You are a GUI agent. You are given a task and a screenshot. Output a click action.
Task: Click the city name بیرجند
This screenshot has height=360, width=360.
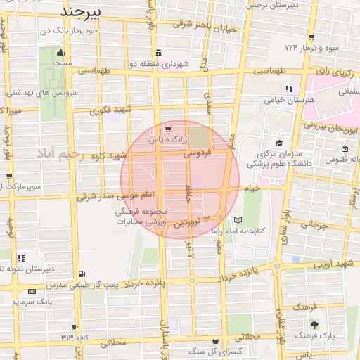82,12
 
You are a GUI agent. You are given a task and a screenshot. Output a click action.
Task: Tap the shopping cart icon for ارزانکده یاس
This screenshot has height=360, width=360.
167,129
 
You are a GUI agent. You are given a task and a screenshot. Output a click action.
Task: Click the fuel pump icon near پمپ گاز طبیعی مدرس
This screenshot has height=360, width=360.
83,274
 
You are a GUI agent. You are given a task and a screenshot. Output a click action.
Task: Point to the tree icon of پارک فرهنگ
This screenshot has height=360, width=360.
314,326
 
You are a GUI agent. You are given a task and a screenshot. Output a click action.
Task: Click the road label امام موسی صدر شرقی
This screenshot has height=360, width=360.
104,195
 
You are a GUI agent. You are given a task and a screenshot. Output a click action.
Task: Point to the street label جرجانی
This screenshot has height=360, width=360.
314,226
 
